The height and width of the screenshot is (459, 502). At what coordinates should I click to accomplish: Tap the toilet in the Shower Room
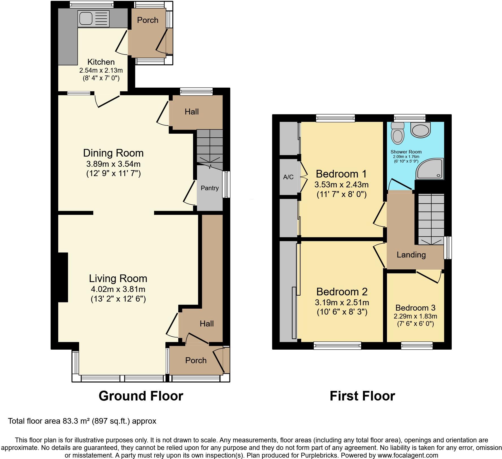tap(397, 133)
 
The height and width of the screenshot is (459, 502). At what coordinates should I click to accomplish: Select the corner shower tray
tap(430, 169)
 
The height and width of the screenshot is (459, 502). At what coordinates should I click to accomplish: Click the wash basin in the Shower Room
tap(420, 130)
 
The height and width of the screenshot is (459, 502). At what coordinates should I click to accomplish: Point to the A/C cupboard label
tap(288, 177)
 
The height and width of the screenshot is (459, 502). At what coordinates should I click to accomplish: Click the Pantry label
tap(210, 188)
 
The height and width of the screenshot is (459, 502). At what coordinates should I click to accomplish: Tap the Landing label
tap(411, 255)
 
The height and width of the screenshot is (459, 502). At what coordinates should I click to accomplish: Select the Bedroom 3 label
tap(415, 308)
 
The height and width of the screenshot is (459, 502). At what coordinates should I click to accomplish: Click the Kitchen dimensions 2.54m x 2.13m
tap(101, 70)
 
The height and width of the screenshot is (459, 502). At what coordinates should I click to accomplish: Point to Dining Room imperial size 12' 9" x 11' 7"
tap(113, 173)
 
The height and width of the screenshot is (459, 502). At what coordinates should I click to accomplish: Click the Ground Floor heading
tap(141, 396)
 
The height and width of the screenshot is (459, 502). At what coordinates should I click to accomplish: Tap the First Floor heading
tap(362, 396)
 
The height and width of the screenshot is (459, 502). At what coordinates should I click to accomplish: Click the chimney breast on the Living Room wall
tap(63, 277)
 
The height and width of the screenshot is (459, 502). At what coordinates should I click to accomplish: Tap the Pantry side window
tap(226, 184)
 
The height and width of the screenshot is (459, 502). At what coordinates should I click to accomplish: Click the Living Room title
tap(118, 279)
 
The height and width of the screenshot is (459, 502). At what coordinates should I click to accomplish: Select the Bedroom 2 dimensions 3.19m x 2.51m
tap(342, 303)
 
